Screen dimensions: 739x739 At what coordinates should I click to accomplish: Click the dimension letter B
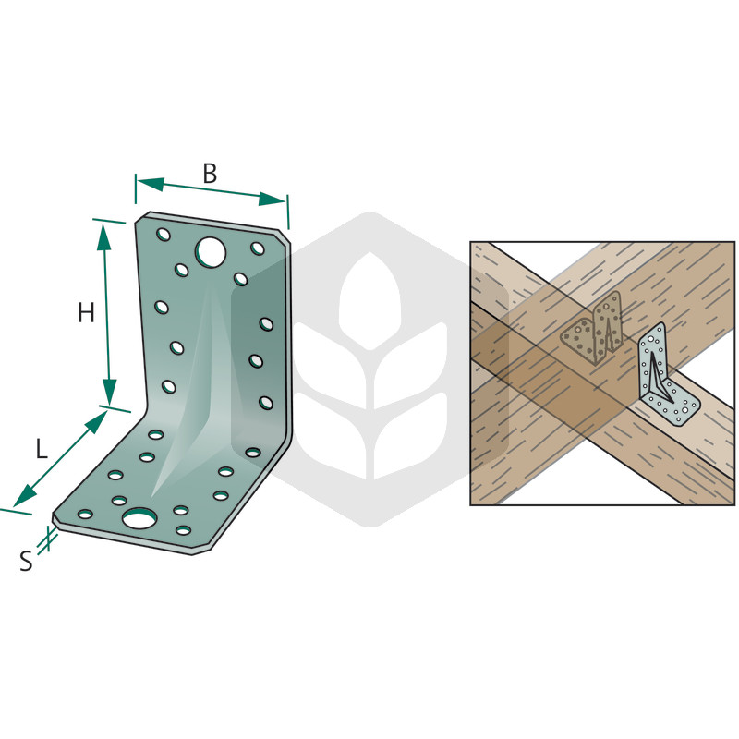coord(210,174)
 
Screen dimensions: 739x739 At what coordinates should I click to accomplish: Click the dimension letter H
coord(86,312)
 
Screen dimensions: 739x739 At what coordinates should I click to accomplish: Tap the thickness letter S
coord(26,562)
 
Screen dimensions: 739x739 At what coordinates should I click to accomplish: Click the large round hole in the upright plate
coord(211,251)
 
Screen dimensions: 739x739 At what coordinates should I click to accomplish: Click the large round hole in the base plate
coord(139,518)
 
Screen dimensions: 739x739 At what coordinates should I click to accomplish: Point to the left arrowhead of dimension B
coord(150,184)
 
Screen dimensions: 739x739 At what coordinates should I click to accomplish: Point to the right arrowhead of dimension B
coord(273,200)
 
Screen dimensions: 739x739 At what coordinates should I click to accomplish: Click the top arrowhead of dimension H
coord(103,237)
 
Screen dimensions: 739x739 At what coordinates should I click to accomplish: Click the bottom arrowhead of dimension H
coord(109,392)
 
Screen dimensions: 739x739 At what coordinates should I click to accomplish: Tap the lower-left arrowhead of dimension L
coord(25,495)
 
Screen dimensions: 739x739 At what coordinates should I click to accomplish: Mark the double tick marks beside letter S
coord(47,539)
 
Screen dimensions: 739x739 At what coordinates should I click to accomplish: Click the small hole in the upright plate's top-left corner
coord(164,235)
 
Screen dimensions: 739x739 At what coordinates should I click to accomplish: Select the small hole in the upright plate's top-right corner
coord(258,248)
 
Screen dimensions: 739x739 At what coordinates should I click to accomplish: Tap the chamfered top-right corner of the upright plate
coord(285,237)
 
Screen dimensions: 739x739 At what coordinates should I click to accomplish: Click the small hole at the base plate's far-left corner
coord(85,514)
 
